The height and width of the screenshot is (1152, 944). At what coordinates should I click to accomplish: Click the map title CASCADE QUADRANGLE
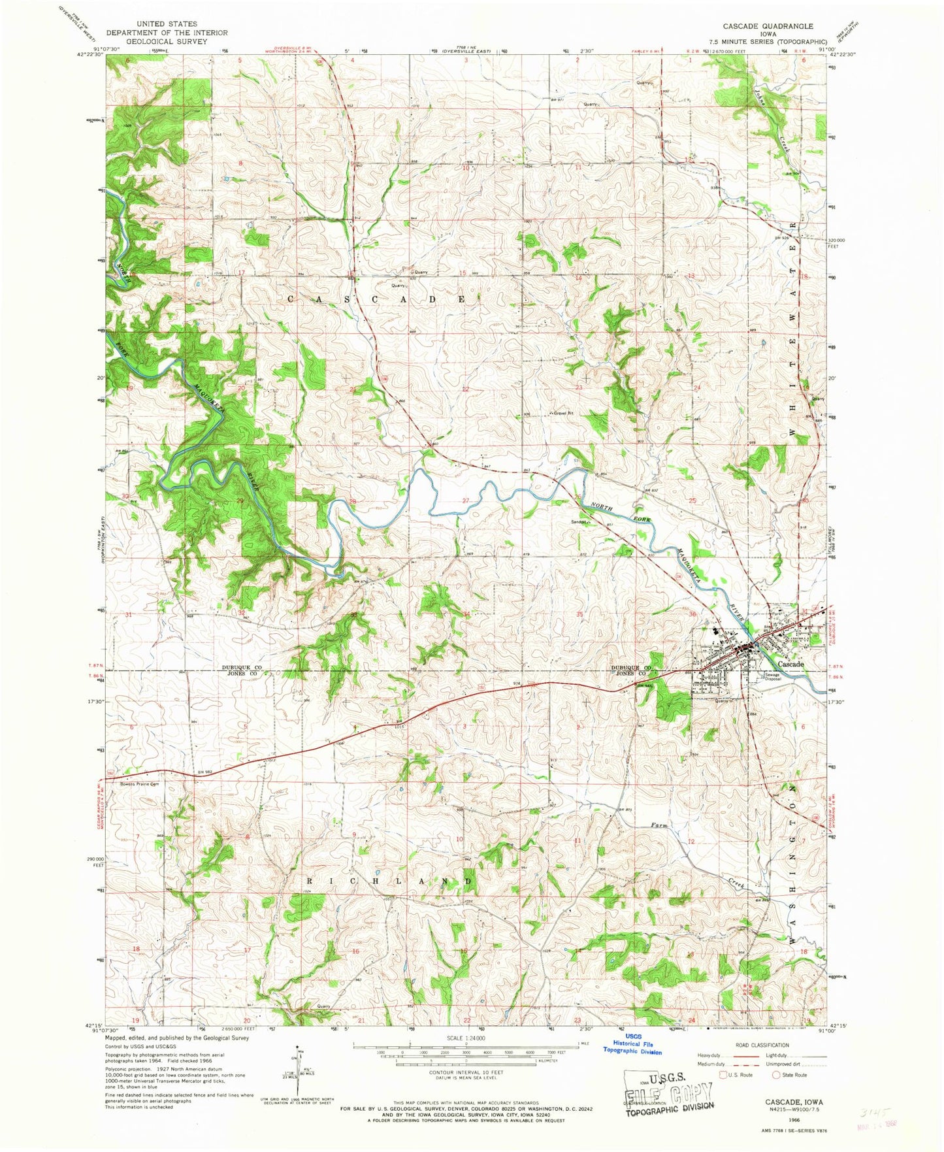[767, 26]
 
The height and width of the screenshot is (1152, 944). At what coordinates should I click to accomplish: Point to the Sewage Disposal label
[773, 677]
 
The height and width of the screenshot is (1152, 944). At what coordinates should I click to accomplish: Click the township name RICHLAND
[389, 881]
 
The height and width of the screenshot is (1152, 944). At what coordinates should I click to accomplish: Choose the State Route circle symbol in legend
[777, 1074]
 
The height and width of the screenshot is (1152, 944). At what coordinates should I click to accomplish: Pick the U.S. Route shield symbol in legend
[723, 1074]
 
